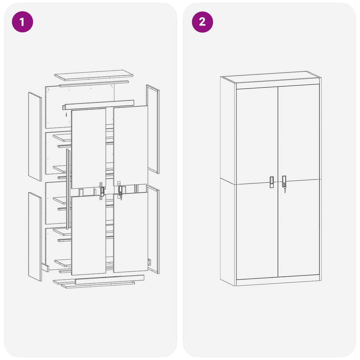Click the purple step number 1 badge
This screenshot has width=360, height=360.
pyautogui.click(x=22, y=22)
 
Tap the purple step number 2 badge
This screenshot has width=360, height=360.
pyautogui.click(x=202, y=22)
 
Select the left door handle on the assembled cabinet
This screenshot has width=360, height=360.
pyautogui.click(x=272, y=182)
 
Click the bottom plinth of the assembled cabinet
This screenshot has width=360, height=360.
pyautogui.click(x=278, y=282)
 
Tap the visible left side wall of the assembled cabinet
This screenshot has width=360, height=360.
pyautogui.click(x=228, y=179)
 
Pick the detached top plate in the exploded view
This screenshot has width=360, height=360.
pyautogui.click(x=94, y=75)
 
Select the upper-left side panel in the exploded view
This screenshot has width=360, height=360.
pyautogui.click(x=35, y=136)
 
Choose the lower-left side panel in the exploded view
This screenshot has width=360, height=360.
pyautogui.click(x=35, y=236)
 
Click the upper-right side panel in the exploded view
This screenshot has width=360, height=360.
pyautogui.click(x=153, y=129)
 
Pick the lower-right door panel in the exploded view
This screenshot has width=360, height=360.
pyautogui.click(x=130, y=233)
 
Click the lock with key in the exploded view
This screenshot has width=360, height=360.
pyautogui.click(x=120, y=192)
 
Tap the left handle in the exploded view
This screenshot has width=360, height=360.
pyautogui.click(x=102, y=192)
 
